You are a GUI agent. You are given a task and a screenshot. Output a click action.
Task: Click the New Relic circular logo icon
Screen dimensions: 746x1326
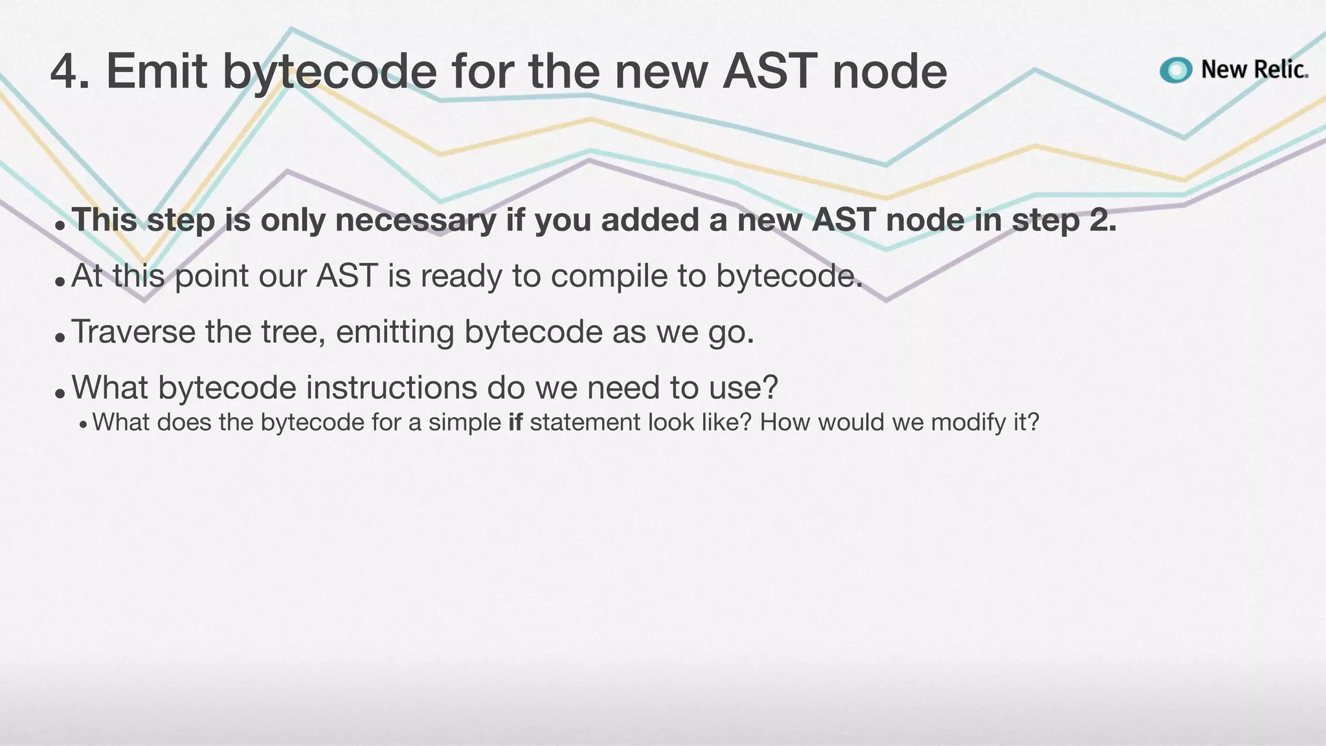[1176, 70]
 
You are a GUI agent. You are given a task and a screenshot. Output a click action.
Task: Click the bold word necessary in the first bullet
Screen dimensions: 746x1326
[416, 221]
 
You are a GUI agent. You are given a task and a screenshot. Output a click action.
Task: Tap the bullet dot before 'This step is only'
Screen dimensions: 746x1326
[60, 226]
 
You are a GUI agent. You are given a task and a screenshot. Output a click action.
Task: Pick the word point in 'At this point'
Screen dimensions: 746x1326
[212, 277]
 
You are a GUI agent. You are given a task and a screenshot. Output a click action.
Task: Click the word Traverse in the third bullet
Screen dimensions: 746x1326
[133, 332]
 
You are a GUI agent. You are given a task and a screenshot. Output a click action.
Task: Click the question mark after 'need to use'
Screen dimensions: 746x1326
[770, 388]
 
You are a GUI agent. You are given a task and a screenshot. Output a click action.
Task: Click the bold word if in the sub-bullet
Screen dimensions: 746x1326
[515, 422]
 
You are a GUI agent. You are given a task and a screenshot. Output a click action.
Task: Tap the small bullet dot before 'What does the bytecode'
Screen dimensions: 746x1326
[83, 425]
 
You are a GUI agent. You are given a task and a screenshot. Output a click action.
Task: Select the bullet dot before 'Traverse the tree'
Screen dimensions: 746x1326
[60, 337]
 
